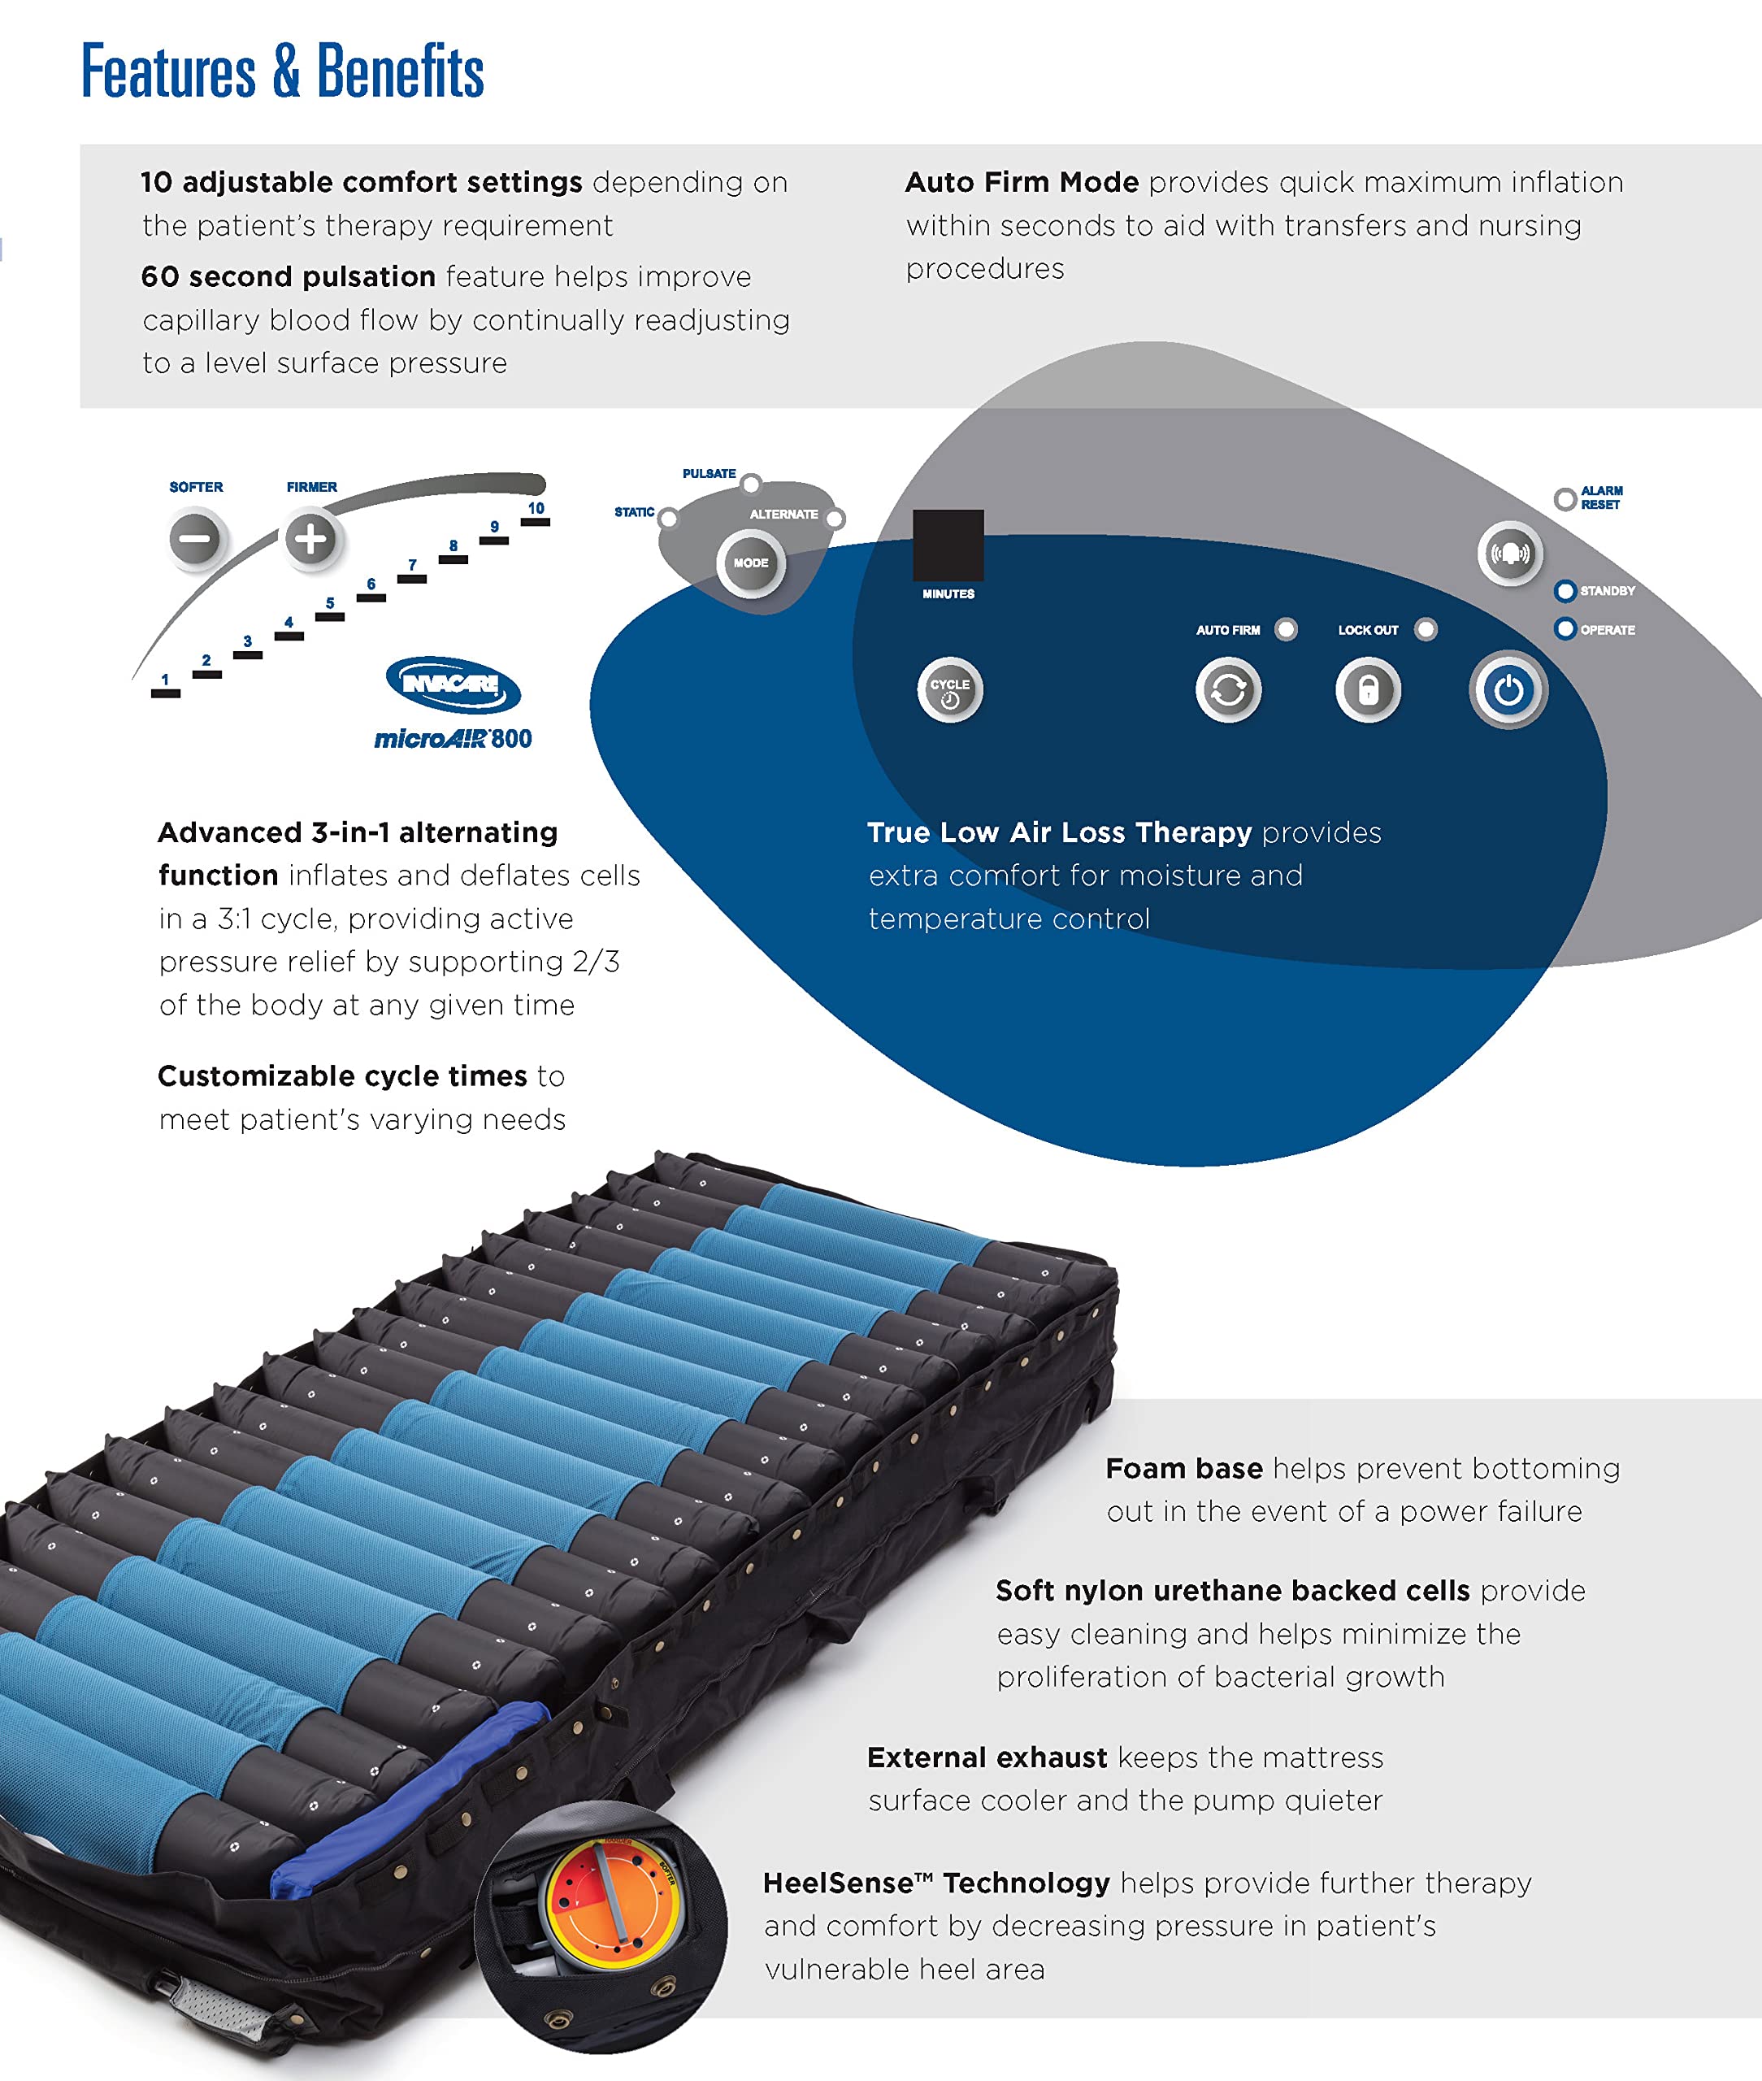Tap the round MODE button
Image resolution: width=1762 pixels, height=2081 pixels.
[751, 563]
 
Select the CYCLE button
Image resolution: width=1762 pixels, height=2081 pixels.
[950, 690]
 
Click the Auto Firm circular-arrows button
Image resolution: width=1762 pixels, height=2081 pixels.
[1229, 690]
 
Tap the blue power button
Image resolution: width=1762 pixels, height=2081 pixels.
[1508, 690]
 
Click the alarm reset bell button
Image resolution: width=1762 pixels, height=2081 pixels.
[1510, 554]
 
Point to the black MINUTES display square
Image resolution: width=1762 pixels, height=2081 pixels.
[948, 545]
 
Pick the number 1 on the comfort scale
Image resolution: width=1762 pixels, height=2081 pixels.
[165, 680]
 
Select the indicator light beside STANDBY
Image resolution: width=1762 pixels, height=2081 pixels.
[1565, 592]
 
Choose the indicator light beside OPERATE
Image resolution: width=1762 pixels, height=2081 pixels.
[1565, 628]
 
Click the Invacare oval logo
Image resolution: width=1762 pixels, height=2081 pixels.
[454, 684]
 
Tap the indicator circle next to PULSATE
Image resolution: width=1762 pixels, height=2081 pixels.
[751, 484]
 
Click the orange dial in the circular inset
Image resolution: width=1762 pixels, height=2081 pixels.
[610, 1904]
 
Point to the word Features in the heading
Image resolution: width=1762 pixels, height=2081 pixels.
[167, 72]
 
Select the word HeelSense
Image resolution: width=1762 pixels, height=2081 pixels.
[838, 1883]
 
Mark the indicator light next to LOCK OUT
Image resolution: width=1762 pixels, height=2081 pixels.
[1426, 629]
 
